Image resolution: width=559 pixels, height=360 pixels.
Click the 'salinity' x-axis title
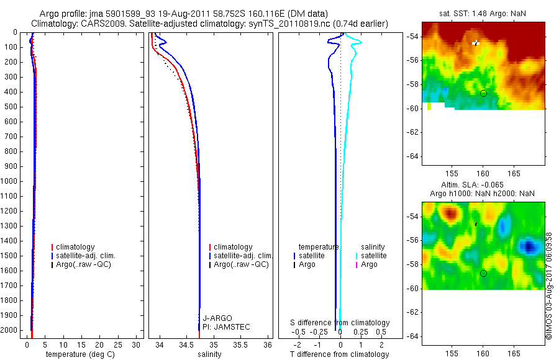point(210,354)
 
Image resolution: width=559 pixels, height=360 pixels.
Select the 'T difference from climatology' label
point(339,354)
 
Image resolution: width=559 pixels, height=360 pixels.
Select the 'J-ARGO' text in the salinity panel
point(217,318)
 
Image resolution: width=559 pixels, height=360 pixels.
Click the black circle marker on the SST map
point(483,93)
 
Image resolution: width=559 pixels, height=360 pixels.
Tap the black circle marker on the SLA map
point(483,273)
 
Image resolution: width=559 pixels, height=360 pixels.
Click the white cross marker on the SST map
point(476,43)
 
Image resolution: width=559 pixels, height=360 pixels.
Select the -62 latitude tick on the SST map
point(412,132)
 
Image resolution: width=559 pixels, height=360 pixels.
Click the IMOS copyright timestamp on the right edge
point(549,286)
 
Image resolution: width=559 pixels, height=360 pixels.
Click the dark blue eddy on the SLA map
point(529,246)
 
